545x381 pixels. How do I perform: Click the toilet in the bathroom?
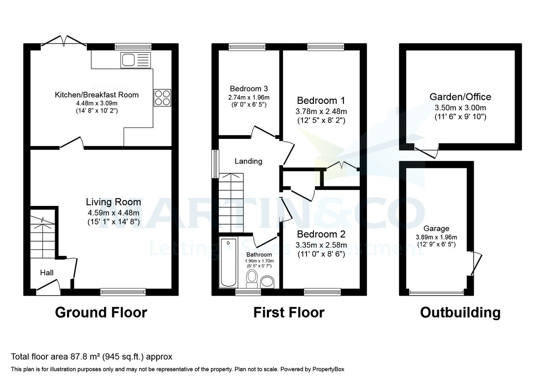point(251,279)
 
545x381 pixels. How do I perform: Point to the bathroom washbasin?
point(268,282)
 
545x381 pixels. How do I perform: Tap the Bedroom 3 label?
point(248,88)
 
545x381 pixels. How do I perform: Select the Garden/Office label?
point(460,97)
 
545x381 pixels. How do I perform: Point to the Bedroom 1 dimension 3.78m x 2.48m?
point(321,112)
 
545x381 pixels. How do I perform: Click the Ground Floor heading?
point(101,313)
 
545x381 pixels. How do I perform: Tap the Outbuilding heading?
point(460,313)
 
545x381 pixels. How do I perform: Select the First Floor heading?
point(289,313)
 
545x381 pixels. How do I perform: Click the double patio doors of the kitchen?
point(64,42)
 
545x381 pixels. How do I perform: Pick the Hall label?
point(47,273)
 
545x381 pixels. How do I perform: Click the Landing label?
point(248,161)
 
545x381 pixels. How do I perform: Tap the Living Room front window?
point(123,292)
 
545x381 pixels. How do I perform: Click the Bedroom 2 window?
point(322,292)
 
